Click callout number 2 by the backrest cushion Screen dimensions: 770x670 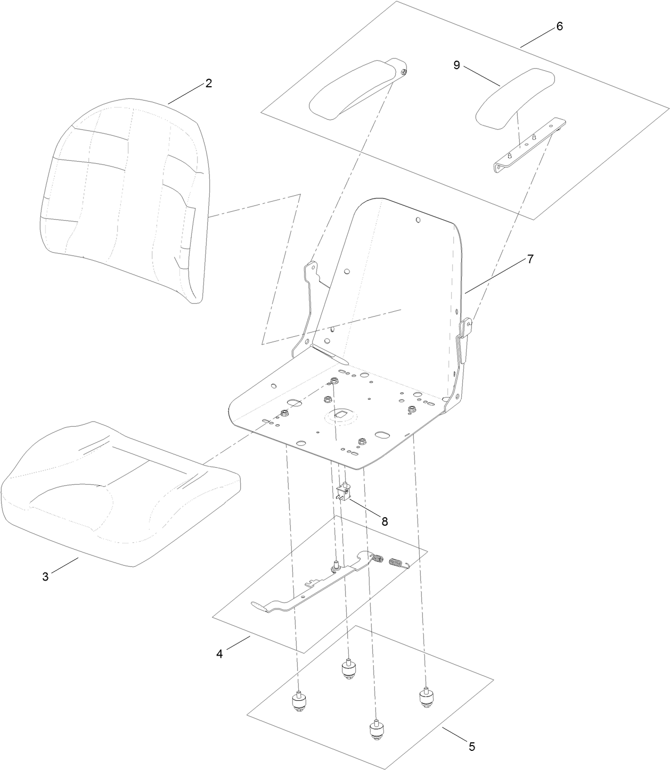[209, 83]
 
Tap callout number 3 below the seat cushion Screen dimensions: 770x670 [45, 576]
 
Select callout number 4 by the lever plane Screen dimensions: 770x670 [219, 653]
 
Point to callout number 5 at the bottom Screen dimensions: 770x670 [472, 746]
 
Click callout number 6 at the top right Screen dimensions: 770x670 [559, 27]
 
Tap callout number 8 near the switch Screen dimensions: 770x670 [384, 521]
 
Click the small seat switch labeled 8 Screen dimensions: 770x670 [345, 492]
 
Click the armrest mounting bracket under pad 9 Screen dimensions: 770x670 [527, 146]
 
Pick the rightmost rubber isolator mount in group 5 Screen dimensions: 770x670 [426, 699]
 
